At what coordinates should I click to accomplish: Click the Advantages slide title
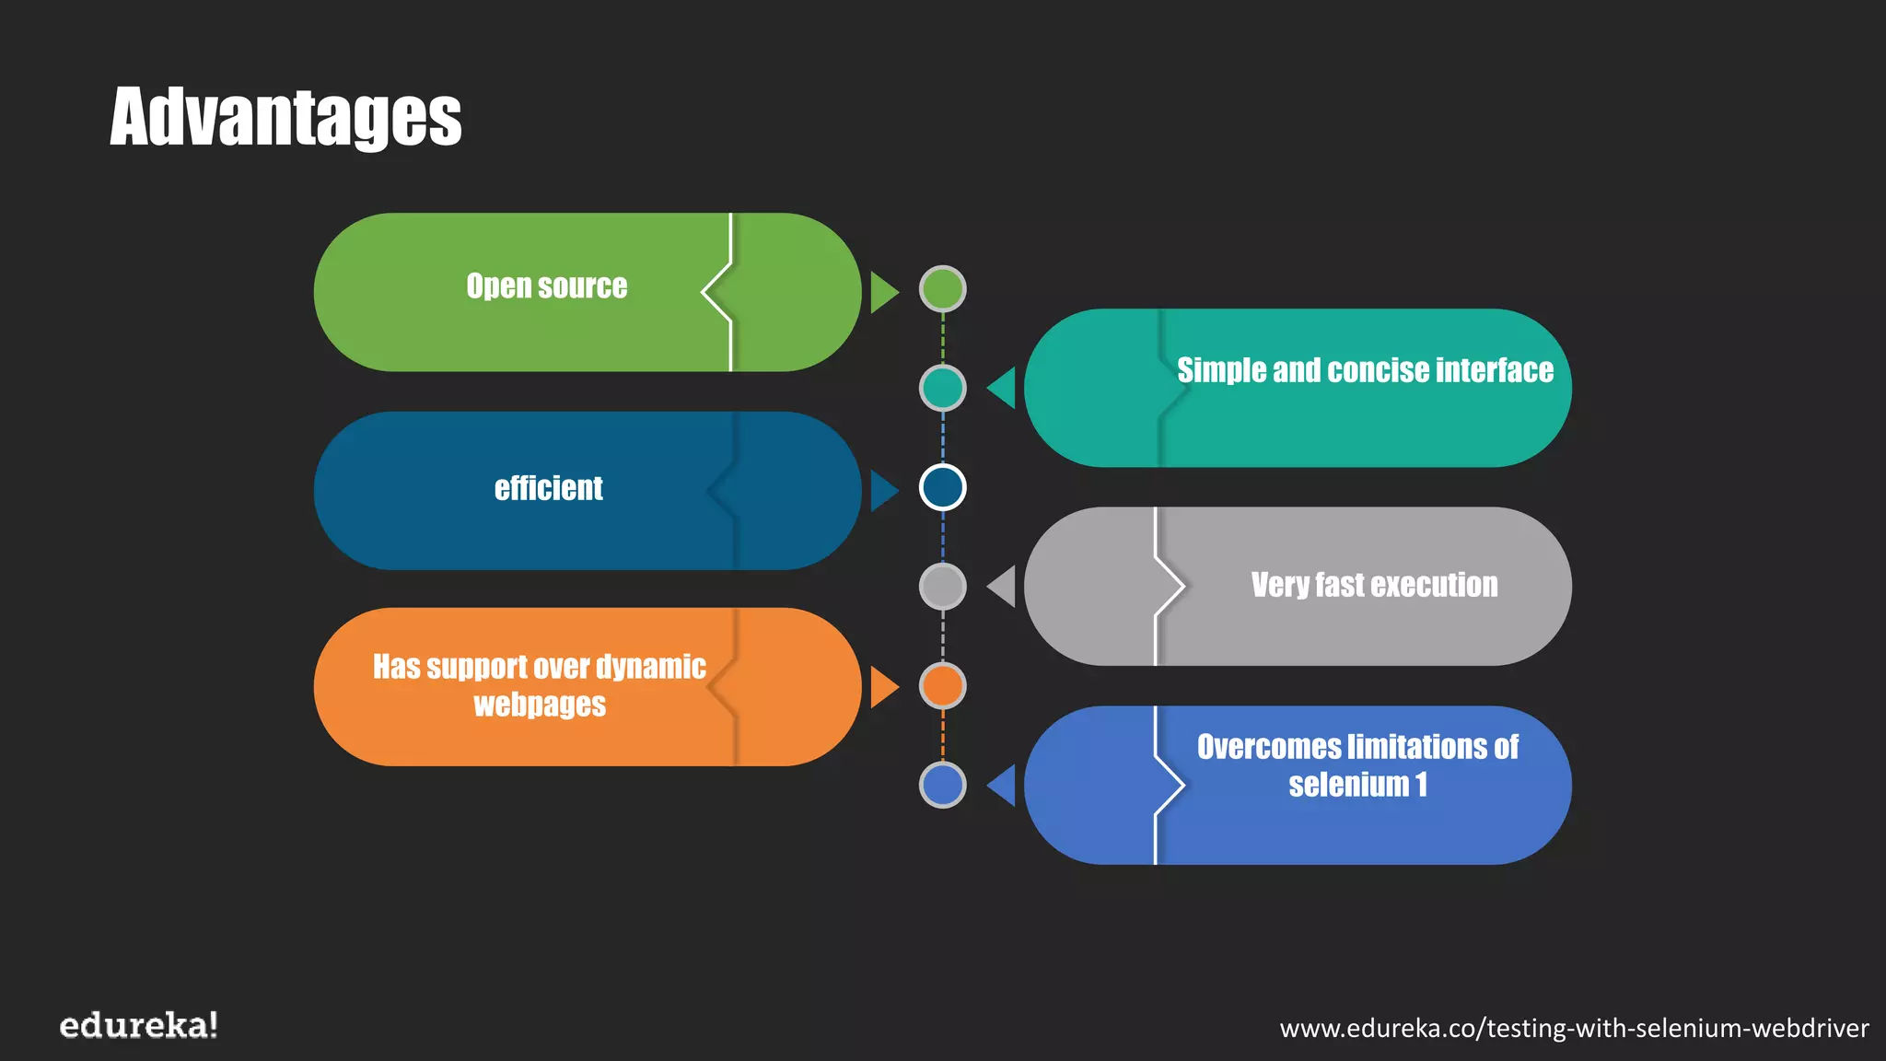285,117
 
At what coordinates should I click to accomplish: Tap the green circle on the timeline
942,289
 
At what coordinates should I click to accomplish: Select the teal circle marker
942,388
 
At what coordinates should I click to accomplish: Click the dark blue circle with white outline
942,487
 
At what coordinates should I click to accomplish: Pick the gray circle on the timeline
942,587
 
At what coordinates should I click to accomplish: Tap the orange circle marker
942,686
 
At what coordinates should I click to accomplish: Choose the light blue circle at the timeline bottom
942,786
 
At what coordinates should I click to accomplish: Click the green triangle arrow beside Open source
882,292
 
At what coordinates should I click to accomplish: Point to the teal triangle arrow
1003,388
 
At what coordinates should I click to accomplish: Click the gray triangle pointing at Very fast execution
1003,587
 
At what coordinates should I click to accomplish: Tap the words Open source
546,286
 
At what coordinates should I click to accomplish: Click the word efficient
548,488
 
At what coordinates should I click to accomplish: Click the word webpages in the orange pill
540,705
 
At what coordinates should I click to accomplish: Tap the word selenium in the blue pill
1348,785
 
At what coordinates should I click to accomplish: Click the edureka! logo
138,1025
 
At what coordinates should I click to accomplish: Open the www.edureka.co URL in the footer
1574,1028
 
